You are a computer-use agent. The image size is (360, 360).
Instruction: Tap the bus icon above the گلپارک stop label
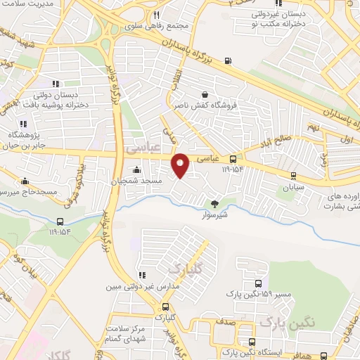point(166,307)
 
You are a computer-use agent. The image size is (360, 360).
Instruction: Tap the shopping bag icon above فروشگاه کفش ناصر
point(205,94)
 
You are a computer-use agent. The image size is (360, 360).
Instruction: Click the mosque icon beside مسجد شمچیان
point(136,169)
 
